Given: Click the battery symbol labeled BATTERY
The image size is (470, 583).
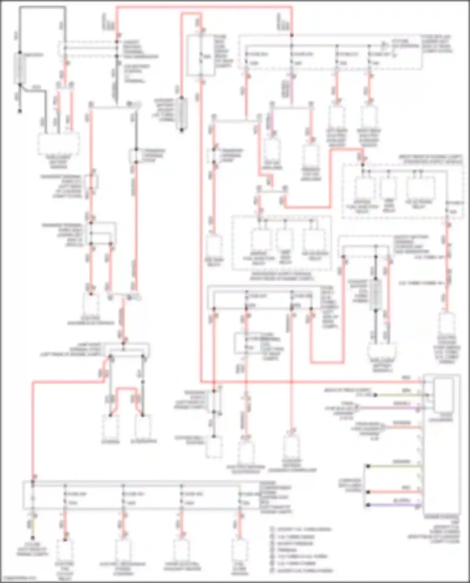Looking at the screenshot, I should (20, 68).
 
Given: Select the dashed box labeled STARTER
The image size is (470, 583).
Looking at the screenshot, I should (110, 427).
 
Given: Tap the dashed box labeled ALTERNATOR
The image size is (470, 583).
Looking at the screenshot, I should (143, 427).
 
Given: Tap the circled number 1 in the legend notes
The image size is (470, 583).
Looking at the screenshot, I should (272, 529).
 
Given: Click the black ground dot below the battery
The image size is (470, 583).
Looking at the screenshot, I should (20, 111).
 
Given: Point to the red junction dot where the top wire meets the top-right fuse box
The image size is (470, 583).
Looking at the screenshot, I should (292, 35).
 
